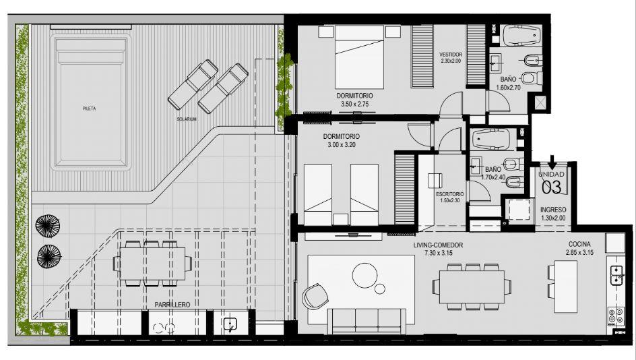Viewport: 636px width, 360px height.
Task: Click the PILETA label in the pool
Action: (x=89, y=109)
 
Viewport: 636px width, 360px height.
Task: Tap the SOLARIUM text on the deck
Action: (x=187, y=119)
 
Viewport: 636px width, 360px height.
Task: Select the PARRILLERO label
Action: (x=172, y=305)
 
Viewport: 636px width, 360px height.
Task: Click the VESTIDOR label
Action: (x=451, y=55)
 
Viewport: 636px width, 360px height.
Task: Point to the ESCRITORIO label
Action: (x=450, y=194)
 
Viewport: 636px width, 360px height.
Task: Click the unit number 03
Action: (x=552, y=187)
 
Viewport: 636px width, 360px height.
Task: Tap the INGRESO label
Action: (x=553, y=210)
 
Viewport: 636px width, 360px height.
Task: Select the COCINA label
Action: (x=579, y=244)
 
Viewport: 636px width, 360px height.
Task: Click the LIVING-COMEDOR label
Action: (x=438, y=245)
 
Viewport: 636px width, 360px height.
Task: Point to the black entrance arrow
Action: (x=552, y=162)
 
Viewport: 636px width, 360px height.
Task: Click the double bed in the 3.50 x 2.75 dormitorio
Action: (x=359, y=57)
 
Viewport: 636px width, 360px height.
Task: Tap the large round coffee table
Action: (x=365, y=275)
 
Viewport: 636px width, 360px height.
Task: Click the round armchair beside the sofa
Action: (x=315, y=295)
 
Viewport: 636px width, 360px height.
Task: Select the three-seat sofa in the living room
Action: (x=367, y=321)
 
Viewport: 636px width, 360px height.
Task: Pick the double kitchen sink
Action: (x=616, y=275)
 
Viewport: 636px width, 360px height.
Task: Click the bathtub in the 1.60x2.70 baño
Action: (x=521, y=36)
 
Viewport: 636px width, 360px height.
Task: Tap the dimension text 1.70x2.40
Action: (x=493, y=177)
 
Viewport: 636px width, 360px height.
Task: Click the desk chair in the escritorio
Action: (x=435, y=181)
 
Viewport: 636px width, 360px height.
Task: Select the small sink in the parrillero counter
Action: (x=230, y=324)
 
